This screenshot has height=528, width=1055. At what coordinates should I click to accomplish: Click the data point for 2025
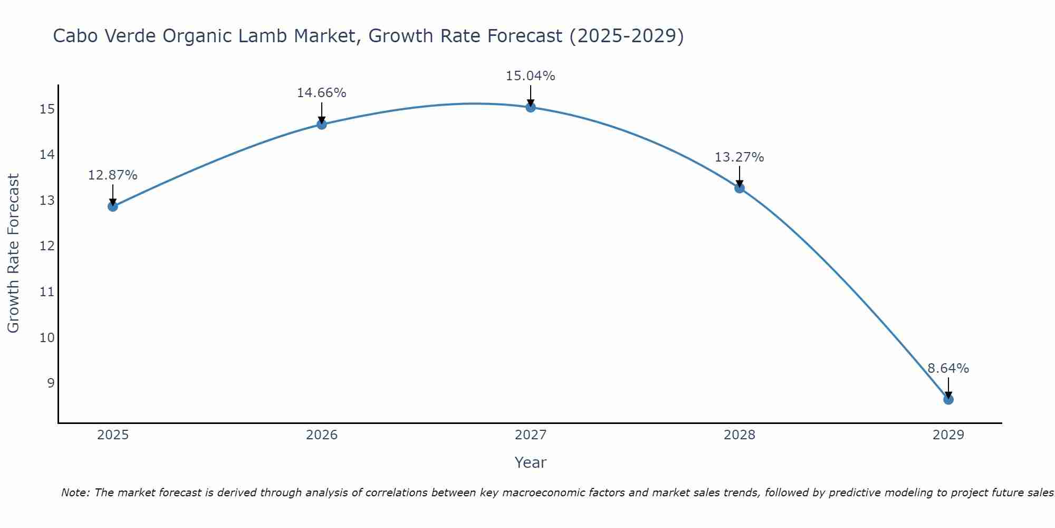(x=112, y=206)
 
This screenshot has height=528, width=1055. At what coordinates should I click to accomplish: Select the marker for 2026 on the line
(x=321, y=125)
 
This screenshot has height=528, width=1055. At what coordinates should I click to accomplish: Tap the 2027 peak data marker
(x=530, y=107)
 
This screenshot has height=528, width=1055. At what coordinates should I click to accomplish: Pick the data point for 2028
(x=739, y=188)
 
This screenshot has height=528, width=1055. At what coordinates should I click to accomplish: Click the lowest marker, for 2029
(x=948, y=400)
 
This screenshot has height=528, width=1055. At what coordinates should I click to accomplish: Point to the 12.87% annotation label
(x=112, y=175)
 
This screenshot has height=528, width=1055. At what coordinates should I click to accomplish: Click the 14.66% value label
(x=321, y=93)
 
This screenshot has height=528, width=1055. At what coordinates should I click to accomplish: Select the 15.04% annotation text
(x=530, y=76)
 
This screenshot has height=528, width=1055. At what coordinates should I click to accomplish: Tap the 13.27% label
(x=739, y=157)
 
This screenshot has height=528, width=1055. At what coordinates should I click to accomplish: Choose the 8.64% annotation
(x=948, y=369)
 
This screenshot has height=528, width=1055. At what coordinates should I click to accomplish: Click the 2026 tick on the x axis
(x=322, y=435)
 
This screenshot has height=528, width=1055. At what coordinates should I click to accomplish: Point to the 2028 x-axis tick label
(x=739, y=435)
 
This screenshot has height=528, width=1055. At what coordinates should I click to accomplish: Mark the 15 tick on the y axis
(x=47, y=109)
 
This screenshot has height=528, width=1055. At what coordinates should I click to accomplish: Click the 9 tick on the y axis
(x=51, y=383)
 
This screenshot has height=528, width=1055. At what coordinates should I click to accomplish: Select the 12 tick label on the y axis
(x=47, y=246)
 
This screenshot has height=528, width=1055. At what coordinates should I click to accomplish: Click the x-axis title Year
(x=530, y=463)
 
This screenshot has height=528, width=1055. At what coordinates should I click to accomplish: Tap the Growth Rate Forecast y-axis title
(x=13, y=253)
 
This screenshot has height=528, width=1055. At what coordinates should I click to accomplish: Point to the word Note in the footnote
(x=75, y=493)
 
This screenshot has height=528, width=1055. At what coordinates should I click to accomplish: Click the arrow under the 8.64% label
(x=948, y=389)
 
